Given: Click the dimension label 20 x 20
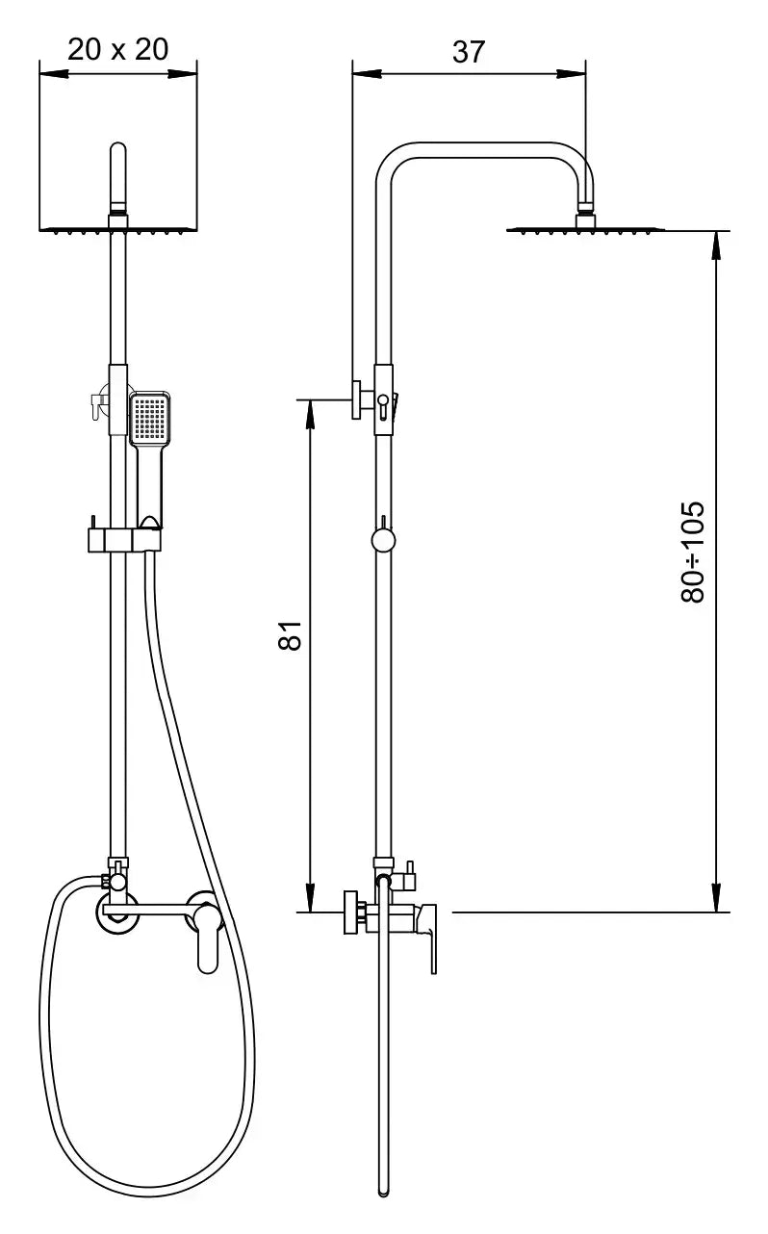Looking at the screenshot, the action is tap(118, 50).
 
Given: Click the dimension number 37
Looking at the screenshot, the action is tap(469, 52).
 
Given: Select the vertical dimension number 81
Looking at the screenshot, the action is tap(291, 635).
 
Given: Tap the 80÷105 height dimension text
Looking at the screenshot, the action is tap(693, 552).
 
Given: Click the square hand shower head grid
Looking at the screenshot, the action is tap(150, 418).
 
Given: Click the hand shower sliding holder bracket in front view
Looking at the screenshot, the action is tap(124, 540).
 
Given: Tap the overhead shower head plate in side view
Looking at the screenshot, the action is tap(586, 230).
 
